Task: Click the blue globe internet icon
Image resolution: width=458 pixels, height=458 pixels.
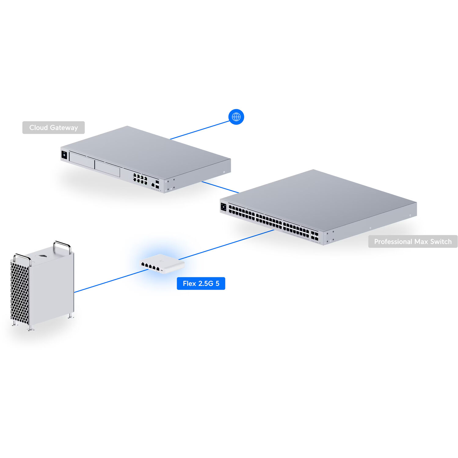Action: tap(236, 117)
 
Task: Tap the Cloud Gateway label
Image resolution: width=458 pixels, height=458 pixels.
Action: tap(53, 128)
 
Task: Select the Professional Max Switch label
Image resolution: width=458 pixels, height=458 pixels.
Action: tap(413, 242)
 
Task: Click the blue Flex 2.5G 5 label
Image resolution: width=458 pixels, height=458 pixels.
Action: tap(201, 283)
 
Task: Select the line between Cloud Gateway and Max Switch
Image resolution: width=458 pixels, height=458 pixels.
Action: tap(220, 187)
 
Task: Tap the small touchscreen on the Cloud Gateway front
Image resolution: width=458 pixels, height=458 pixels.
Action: tap(64, 155)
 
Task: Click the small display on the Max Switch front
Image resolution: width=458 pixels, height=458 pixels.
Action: tap(224, 207)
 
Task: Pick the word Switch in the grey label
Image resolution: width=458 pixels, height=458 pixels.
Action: tap(441, 242)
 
